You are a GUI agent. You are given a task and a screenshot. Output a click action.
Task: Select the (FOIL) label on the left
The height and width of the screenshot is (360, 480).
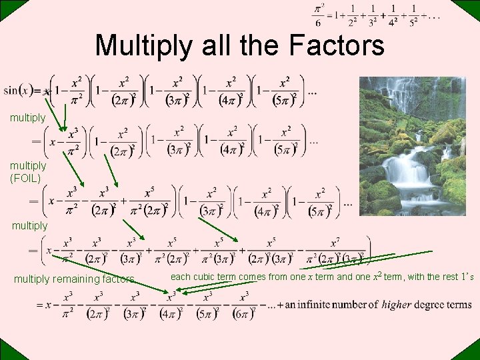pyautogui.click(x=25, y=178)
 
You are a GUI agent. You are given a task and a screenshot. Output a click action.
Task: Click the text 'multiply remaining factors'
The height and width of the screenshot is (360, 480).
pyautogui.click(x=73, y=279)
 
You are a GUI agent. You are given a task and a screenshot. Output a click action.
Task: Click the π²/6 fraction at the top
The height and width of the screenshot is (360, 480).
pyautogui.click(x=318, y=15)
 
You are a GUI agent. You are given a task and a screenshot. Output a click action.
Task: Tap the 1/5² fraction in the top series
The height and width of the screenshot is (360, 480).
pyautogui.click(x=413, y=15)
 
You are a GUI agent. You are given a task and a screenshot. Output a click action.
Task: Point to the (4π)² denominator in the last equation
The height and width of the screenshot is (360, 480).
pyautogui.click(x=169, y=312)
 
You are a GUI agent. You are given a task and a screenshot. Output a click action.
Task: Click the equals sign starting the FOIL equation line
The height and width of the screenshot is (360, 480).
pyautogui.click(x=33, y=200)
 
